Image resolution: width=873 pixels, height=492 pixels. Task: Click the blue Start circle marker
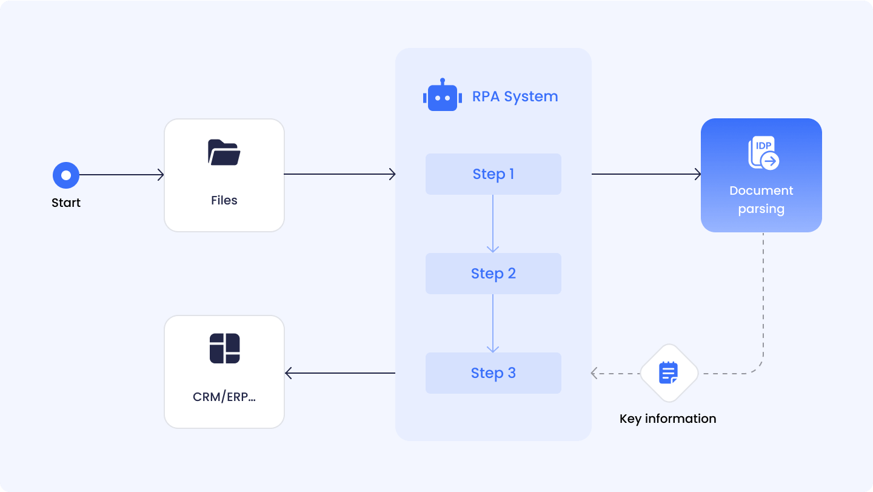coord(66,175)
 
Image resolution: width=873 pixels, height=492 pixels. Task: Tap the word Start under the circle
coord(66,203)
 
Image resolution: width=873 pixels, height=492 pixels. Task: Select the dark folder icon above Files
coord(224,152)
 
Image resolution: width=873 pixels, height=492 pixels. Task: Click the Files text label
coord(224,200)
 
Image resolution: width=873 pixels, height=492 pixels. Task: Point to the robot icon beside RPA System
coord(442,96)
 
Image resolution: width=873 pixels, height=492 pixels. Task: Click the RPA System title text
coord(515,96)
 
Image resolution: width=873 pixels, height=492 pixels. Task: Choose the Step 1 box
coord(493,174)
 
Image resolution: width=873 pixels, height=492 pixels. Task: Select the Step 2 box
coord(493,274)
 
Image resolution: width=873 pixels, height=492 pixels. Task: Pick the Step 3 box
coord(493,373)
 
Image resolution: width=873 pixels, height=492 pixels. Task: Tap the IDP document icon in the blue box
coord(763,153)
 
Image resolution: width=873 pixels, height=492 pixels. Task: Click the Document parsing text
coord(761,200)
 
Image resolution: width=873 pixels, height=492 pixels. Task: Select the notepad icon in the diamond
coord(669,372)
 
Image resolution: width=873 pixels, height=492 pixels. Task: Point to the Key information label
coord(667,419)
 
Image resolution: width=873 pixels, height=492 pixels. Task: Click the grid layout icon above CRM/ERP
coord(224,348)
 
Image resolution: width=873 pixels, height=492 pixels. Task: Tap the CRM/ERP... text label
coord(224,397)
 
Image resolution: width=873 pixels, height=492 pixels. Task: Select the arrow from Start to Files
coord(121,175)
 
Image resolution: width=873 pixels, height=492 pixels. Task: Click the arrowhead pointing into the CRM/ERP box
coord(289,373)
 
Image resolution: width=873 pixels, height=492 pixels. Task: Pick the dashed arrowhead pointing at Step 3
coord(595,373)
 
